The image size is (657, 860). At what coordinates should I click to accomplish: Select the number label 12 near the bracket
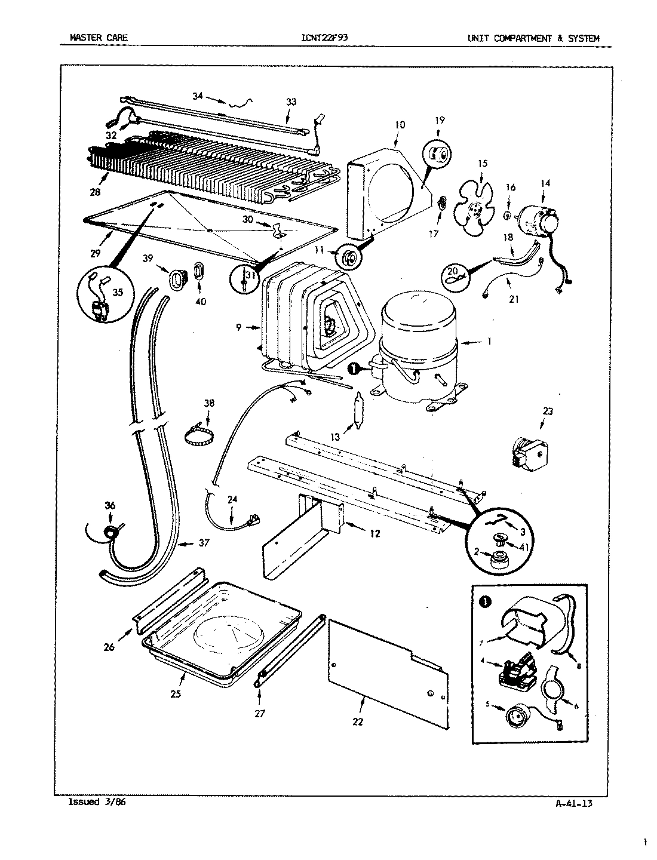point(374,533)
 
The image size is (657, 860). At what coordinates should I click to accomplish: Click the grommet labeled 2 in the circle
point(497,560)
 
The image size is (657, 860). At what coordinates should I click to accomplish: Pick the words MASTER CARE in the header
point(99,39)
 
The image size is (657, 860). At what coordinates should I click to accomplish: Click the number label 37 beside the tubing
point(204,543)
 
